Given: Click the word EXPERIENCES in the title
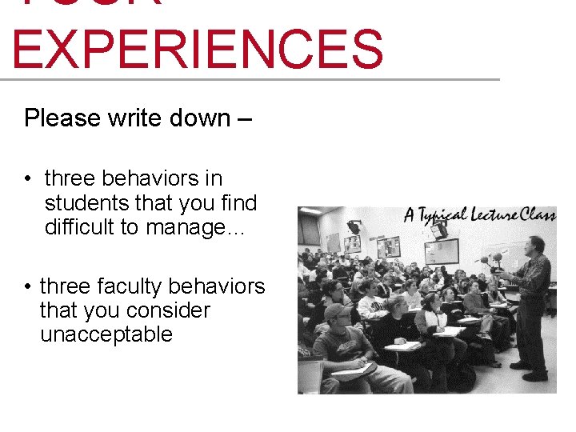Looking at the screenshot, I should [198, 50].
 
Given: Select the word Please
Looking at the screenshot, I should [61, 118].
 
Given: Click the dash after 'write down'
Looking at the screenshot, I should [244, 119].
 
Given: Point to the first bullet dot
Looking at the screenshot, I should [28, 178].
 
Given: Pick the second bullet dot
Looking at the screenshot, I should [28, 286].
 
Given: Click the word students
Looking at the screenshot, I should [87, 203].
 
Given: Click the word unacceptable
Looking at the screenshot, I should [106, 334].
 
